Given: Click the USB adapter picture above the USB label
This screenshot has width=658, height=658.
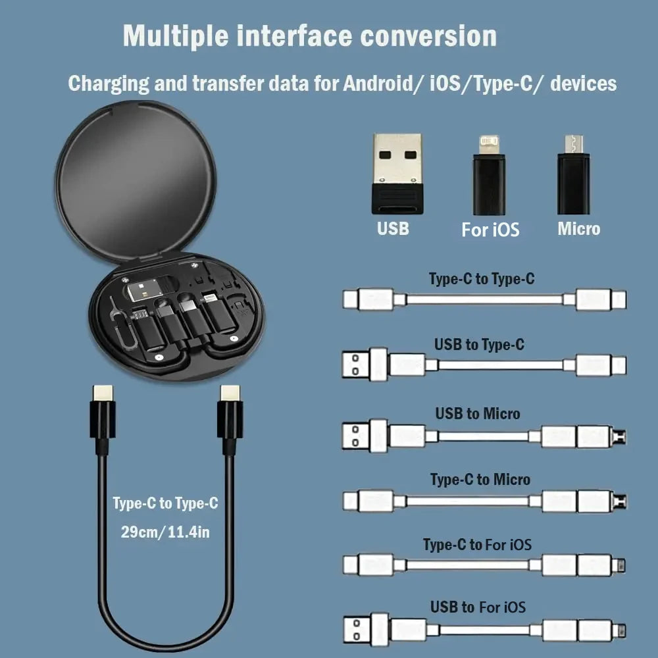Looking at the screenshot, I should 396,174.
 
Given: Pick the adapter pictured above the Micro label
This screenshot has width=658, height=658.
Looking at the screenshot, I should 573,176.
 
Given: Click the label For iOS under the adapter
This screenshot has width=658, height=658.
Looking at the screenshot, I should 490,230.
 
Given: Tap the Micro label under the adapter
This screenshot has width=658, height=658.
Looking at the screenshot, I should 579,229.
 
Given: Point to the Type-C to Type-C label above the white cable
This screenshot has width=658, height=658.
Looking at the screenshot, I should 482,279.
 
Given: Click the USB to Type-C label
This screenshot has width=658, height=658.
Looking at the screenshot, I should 479,344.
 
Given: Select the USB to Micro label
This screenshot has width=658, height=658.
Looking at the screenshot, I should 477,413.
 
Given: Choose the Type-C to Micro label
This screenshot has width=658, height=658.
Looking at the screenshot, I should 480,479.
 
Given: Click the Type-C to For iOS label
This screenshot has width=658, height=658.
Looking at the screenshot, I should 477,545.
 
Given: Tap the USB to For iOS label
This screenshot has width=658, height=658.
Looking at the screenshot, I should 478,607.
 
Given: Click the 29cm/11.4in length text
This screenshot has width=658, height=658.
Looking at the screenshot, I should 165,532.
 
